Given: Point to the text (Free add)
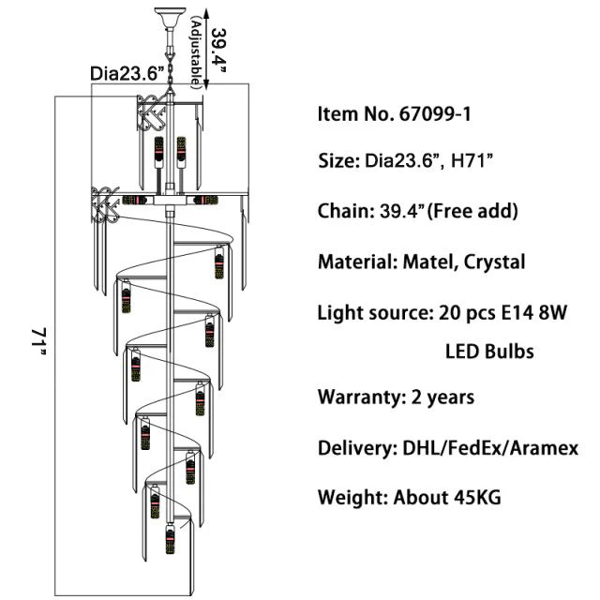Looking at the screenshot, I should (x=473, y=212).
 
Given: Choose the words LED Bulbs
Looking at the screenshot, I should (x=488, y=352).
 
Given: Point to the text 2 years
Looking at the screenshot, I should (x=442, y=397).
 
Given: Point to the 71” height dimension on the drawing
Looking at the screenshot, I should (x=38, y=341).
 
